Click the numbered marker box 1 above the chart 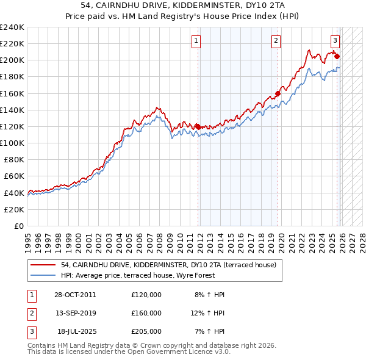196,41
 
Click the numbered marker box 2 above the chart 276,41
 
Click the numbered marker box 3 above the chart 335,41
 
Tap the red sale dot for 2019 278,93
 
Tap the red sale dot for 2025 337,57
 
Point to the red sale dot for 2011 198,126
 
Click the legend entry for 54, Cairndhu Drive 168,265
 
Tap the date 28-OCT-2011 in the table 75,295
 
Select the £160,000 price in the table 146,313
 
